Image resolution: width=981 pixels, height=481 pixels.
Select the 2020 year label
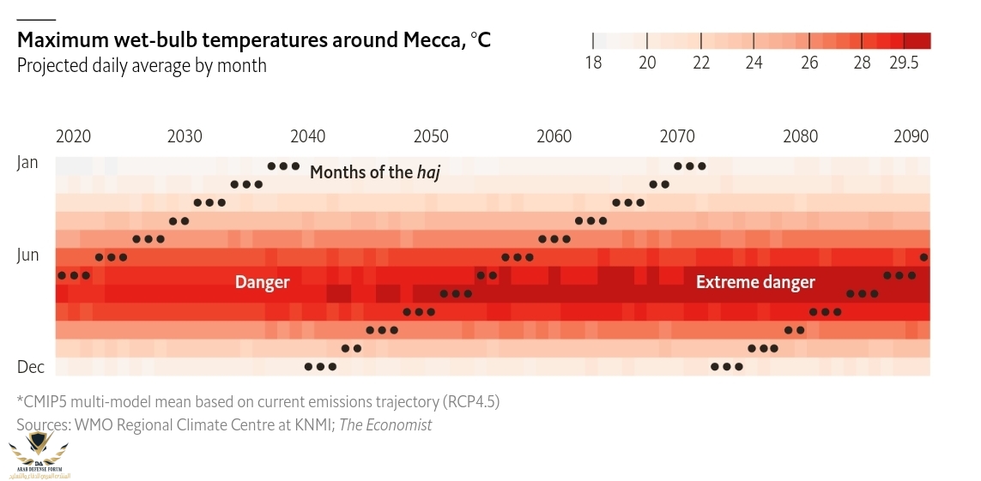point(73,136)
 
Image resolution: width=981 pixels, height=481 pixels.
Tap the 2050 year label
point(431,136)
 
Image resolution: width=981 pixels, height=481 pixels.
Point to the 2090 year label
point(911,136)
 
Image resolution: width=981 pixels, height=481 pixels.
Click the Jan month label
point(27,162)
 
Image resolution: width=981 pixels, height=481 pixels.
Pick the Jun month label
point(27,255)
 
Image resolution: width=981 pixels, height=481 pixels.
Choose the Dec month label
point(30,366)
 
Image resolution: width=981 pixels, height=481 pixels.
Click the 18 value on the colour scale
point(593,63)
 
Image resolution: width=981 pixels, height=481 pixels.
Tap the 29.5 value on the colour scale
point(904,63)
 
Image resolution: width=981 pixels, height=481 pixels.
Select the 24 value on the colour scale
point(754,63)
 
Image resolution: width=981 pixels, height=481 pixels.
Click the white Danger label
point(262,282)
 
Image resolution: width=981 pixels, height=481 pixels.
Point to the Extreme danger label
point(755,282)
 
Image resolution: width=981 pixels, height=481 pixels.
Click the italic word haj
point(428,172)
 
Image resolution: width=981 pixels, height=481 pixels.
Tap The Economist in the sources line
point(385,424)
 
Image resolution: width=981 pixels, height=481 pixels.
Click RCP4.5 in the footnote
point(470,401)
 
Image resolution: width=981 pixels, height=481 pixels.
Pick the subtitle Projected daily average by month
point(142,66)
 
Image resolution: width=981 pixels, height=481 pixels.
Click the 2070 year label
point(678,136)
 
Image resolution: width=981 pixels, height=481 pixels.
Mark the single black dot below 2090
point(923,256)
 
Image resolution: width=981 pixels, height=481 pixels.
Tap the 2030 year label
point(185,136)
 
